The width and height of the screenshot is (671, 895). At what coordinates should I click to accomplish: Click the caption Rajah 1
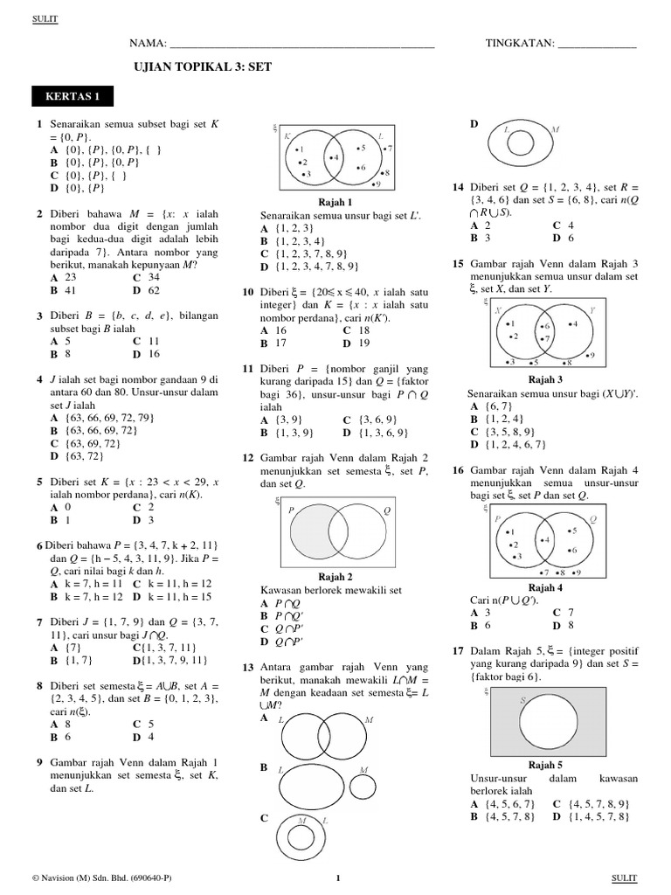click(336, 201)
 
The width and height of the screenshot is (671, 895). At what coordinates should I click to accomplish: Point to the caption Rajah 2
click(336, 577)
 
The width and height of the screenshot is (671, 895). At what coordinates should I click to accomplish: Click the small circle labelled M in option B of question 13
click(361, 784)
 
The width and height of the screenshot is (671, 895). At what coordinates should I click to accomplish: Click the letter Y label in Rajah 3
click(591, 309)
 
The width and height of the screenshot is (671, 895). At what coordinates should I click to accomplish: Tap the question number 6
click(39, 545)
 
